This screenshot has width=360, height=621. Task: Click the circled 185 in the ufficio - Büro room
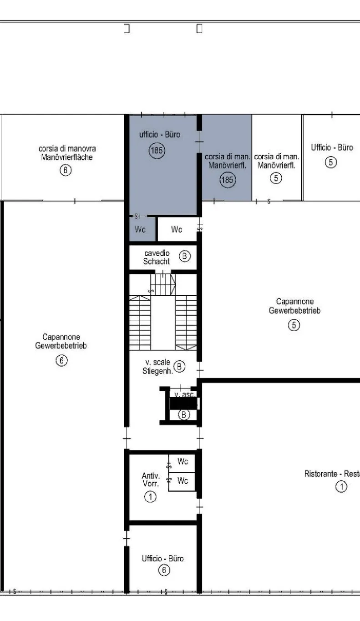pyautogui.click(x=157, y=151)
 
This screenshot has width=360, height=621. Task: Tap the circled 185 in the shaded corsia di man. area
pyautogui.click(x=228, y=180)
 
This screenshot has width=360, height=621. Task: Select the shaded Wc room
pyautogui.click(x=142, y=229)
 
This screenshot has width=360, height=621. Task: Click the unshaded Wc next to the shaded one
pyautogui.click(x=177, y=229)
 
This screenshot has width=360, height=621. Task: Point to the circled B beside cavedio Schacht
pyautogui.click(x=185, y=256)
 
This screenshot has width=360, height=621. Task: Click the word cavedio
pyautogui.click(x=157, y=253)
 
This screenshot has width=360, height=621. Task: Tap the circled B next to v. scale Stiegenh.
pyautogui.click(x=179, y=367)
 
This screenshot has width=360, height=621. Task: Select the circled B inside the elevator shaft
pyautogui.click(x=183, y=415)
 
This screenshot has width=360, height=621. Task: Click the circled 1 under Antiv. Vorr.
pyautogui.click(x=150, y=496)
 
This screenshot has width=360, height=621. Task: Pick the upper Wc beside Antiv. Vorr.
pyautogui.click(x=183, y=461)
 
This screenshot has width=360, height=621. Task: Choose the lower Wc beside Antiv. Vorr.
pyautogui.click(x=183, y=480)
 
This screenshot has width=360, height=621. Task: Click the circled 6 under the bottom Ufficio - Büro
pyautogui.click(x=164, y=570)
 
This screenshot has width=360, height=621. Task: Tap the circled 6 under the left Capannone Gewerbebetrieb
pyautogui.click(x=61, y=360)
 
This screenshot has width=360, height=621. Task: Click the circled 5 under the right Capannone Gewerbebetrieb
pyautogui.click(x=294, y=325)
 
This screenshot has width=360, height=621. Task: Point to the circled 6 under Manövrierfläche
pyautogui.click(x=66, y=170)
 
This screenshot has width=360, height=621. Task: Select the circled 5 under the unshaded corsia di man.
pyautogui.click(x=276, y=178)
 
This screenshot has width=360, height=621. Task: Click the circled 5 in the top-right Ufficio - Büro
pyautogui.click(x=331, y=162)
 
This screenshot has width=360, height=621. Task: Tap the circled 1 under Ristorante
pyautogui.click(x=341, y=486)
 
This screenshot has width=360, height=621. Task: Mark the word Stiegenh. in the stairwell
pyautogui.click(x=158, y=371)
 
